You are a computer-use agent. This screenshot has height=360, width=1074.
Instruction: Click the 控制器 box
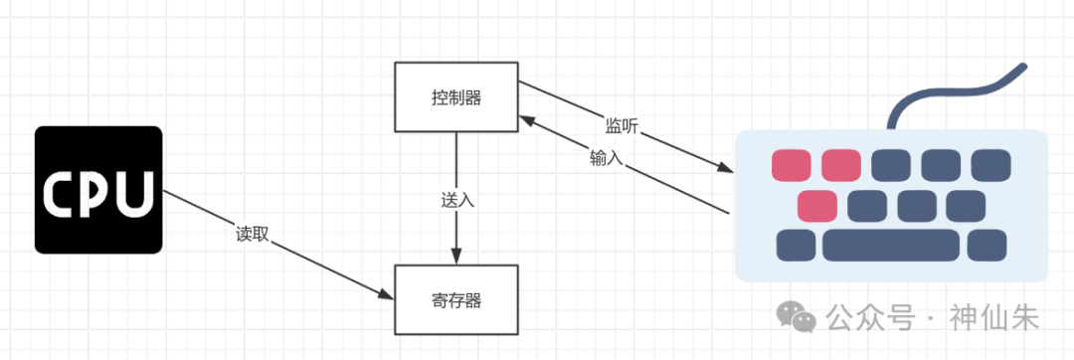tap(456, 97)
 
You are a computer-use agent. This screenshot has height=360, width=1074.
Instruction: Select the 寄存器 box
tap(456, 299)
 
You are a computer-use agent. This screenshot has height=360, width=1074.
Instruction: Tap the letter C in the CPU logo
tap(62, 192)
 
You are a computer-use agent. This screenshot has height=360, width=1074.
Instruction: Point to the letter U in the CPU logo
tap(134, 192)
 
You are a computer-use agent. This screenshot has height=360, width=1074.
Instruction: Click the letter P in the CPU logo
tap(97, 192)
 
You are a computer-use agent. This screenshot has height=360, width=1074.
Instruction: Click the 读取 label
tap(253, 236)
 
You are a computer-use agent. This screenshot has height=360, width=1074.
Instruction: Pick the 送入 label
tap(457, 199)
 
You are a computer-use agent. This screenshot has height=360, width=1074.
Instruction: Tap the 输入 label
tap(606, 158)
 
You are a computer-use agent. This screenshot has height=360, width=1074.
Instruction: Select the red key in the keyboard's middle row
tap(817, 206)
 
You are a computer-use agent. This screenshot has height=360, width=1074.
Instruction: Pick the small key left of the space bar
tap(796, 245)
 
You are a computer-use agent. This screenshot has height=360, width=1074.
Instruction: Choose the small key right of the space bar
tap(986, 245)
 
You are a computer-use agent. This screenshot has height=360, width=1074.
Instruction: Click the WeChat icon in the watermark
tap(797, 317)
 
